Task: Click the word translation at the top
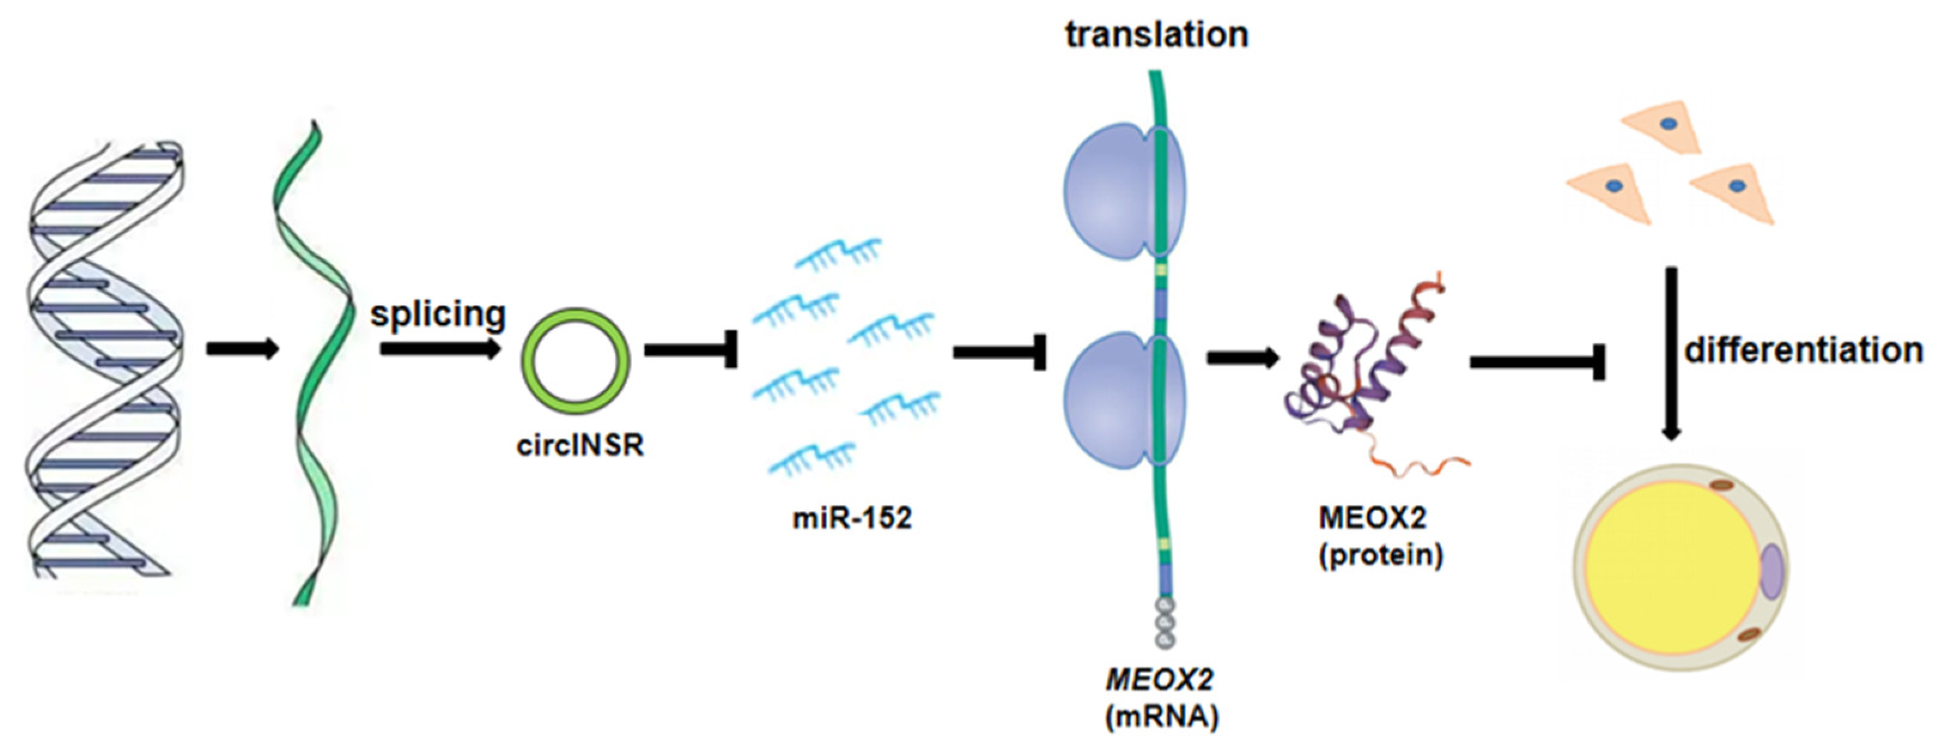pyautogui.click(x=1156, y=35)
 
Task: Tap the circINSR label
pyautogui.click(x=580, y=445)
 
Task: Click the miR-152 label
pyautogui.click(x=852, y=518)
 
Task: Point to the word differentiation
pyautogui.click(x=1803, y=350)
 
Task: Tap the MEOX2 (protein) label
pyautogui.click(x=1380, y=537)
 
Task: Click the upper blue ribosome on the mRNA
pyautogui.click(x=1110, y=193)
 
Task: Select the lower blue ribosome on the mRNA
pyautogui.click(x=1110, y=401)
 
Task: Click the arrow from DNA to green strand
pyautogui.click(x=242, y=349)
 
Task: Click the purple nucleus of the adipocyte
pyautogui.click(x=1772, y=572)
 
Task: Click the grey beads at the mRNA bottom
pyautogui.click(x=1165, y=623)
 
